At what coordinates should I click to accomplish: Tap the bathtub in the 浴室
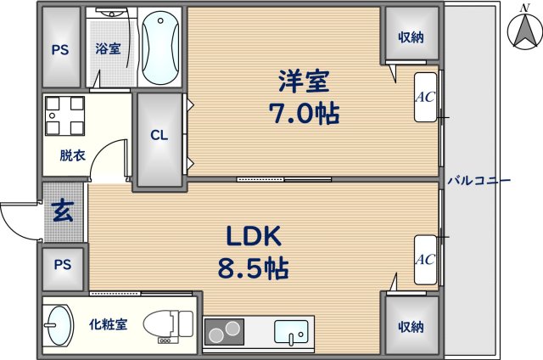click(161, 48)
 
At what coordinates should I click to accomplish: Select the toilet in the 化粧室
click(168, 324)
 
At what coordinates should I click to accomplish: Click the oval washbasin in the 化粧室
click(59, 325)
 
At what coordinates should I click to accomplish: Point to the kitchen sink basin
click(291, 332)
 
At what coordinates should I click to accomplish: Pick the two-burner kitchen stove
click(224, 332)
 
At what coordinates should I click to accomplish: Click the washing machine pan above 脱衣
click(64, 115)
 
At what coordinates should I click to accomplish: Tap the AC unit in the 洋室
click(426, 97)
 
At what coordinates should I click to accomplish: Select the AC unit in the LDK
click(426, 260)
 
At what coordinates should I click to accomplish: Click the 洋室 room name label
click(304, 81)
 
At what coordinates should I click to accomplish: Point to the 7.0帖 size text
click(304, 114)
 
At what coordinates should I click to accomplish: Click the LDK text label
click(254, 235)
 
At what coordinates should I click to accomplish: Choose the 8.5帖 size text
click(254, 268)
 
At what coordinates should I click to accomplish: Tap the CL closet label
click(160, 135)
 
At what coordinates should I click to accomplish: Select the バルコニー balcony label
click(479, 181)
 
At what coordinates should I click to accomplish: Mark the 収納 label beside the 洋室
click(411, 37)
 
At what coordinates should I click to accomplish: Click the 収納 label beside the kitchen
click(411, 327)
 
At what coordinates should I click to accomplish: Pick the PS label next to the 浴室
click(60, 50)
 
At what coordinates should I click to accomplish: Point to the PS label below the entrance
click(63, 265)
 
